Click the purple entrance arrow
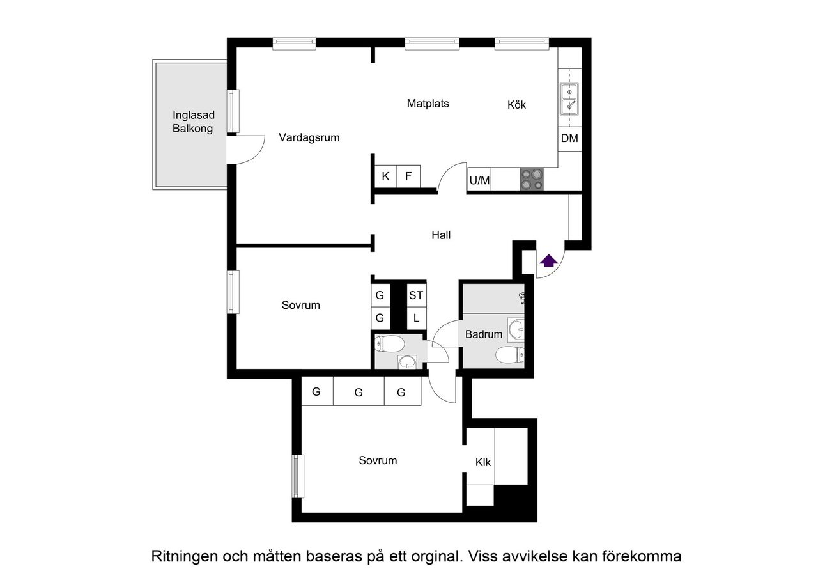pos(548,260)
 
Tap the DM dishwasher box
pos(569,138)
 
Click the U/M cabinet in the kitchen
pos(479,181)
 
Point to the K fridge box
pos(385,176)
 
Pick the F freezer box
pos(408,176)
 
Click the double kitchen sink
pos(569,99)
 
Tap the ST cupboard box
pos(416,295)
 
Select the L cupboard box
pos(416,318)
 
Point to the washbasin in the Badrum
pos(516,331)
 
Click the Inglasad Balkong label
pos(193,121)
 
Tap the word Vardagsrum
pos(309,137)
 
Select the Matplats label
pos(428,103)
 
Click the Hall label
pos(441,235)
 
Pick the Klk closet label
pos(483,462)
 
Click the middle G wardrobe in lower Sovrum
pos(359,393)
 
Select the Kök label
pos(516,105)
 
